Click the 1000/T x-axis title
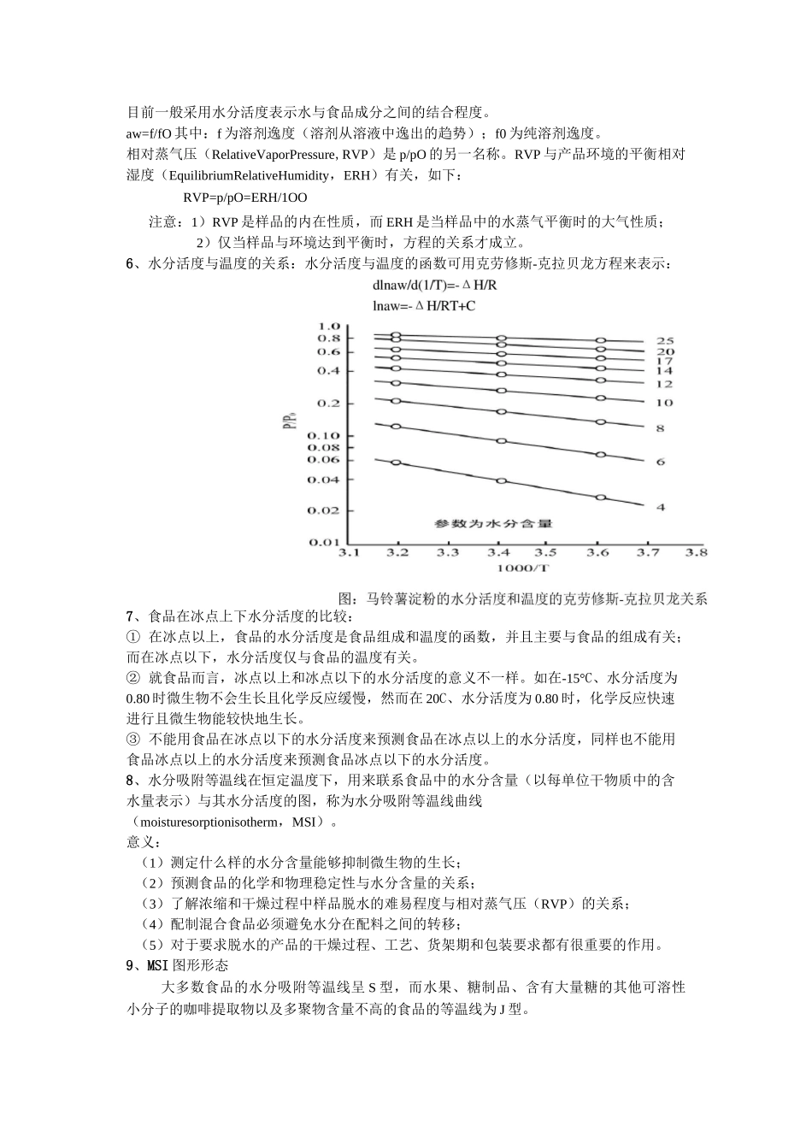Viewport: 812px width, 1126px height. point(521,569)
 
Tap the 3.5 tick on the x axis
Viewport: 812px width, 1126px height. point(546,553)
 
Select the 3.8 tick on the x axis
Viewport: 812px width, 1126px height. point(697,553)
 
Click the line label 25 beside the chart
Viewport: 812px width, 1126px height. point(664,340)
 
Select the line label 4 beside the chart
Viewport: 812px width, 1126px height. point(660,507)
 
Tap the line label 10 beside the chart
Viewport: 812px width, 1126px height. point(664,403)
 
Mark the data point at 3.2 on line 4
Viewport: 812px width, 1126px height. point(396,463)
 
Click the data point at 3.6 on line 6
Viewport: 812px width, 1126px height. point(601,454)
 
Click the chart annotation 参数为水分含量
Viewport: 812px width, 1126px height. point(480,522)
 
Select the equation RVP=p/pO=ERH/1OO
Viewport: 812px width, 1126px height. point(245,197)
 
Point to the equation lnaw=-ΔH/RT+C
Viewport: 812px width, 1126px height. point(424,304)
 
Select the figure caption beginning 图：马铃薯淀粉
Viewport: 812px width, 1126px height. point(523,598)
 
